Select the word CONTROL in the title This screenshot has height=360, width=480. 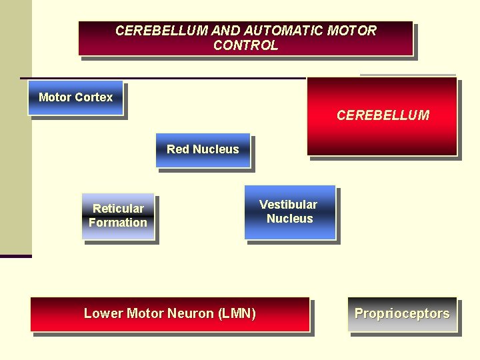(x=245, y=45)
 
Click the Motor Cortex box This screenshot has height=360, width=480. (x=75, y=97)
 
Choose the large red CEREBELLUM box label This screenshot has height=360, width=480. (x=383, y=115)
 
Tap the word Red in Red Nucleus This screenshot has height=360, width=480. (x=178, y=149)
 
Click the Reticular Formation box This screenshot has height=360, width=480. (x=118, y=216)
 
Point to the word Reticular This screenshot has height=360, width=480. (x=118, y=209)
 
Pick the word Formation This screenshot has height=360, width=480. (x=118, y=223)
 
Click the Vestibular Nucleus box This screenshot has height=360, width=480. (x=289, y=212)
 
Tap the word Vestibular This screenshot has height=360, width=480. (x=288, y=205)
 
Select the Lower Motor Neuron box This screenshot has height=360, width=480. (x=170, y=314)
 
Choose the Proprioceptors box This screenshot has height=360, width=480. (x=403, y=314)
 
